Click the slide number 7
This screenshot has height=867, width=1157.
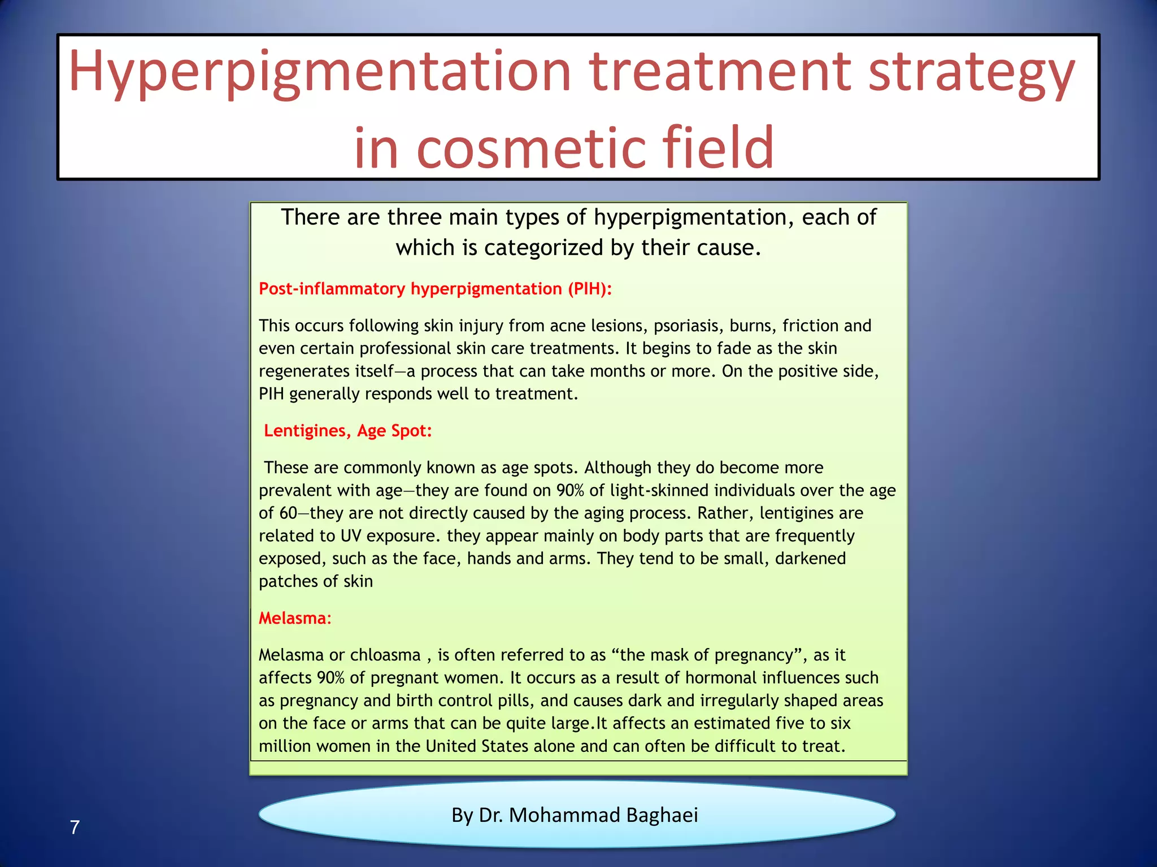coord(75,827)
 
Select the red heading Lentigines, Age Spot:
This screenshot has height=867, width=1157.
coord(347,431)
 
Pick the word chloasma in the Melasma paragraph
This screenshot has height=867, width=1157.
coord(385,655)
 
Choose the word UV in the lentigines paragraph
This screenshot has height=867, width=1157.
coord(350,536)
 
